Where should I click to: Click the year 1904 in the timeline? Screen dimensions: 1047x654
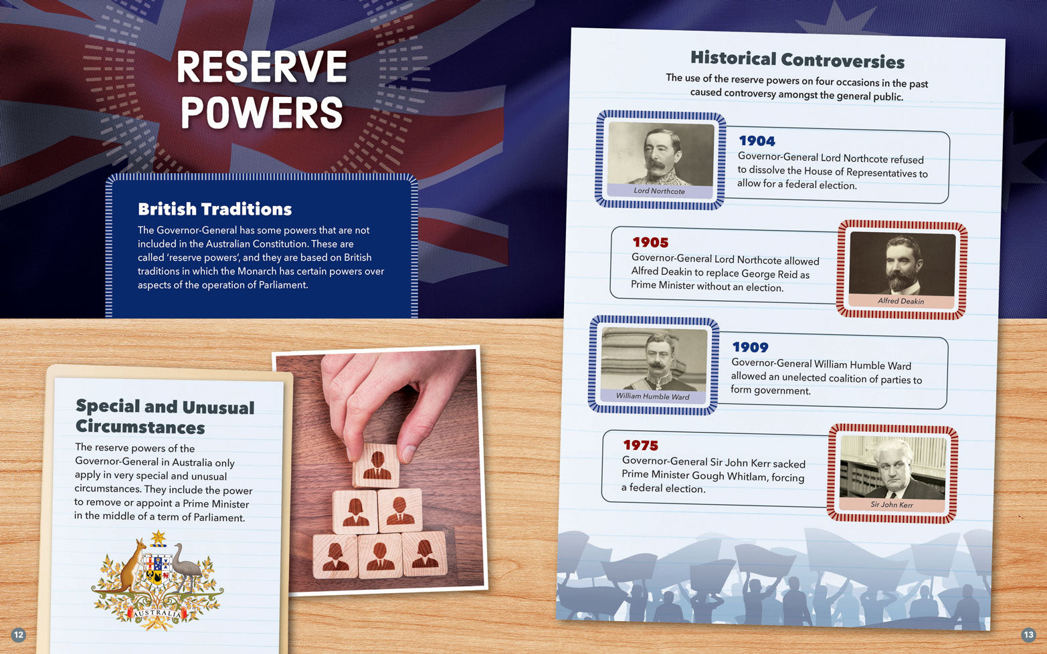coord(757,140)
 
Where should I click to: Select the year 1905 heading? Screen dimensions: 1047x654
coord(650,243)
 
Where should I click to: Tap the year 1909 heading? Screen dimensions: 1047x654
coord(750,347)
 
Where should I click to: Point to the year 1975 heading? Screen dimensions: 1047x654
coord(640,445)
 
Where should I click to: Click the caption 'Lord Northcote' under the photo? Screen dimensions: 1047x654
coord(659,191)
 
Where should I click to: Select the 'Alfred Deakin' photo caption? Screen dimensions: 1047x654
coord(900,301)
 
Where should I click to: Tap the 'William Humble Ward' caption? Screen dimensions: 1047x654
coord(652,396)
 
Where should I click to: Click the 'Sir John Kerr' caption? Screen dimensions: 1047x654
coord(891,504)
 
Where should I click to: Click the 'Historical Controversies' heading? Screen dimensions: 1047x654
coord(797,60)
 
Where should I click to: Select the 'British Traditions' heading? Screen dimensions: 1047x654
coord(215,209)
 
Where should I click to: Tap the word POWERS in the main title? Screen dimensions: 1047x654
coord(262,112)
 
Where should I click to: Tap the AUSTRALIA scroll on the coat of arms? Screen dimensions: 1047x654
coord(157,613)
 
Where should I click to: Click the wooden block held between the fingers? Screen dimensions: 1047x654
coord(376,465)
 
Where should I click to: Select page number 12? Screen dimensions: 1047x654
coord(18,635)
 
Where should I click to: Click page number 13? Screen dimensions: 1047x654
coord(1028,635)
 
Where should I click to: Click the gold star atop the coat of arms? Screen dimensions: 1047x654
coord(159,538)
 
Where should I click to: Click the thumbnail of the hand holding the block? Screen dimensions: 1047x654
coord(379,471)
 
